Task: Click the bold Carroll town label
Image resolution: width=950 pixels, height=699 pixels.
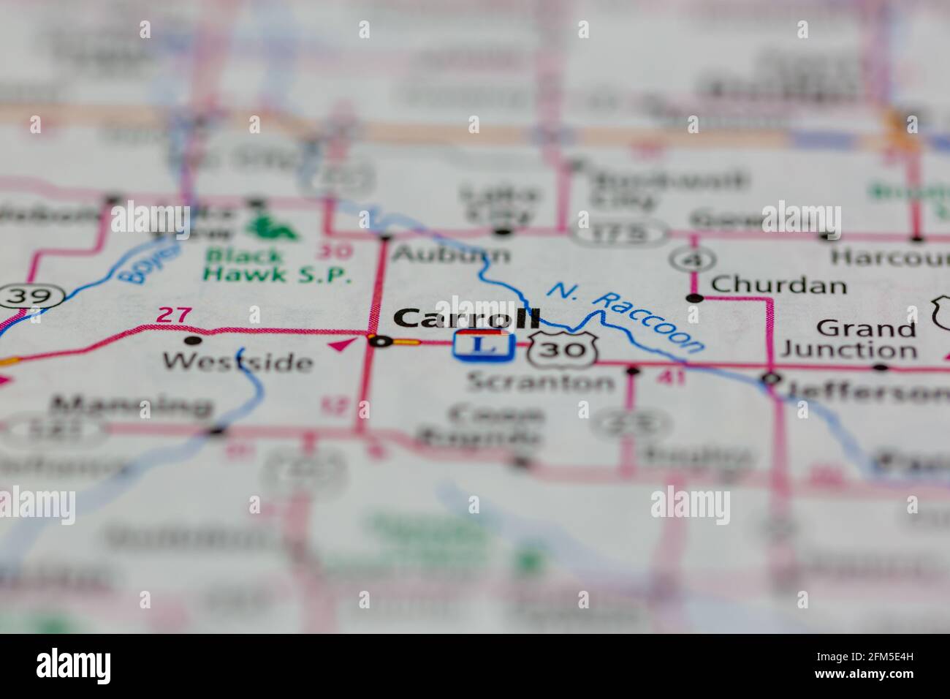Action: [x=467, y=319]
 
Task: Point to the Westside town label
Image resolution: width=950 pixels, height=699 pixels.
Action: [x=237, y=361]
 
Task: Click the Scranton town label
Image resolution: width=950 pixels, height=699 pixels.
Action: [x=541, y=381]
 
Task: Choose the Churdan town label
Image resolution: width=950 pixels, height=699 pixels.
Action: [x=778, y=284]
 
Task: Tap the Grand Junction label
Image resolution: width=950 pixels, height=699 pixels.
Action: [x=848, y=339]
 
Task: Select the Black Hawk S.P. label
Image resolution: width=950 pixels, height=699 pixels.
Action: [x=278, y=265]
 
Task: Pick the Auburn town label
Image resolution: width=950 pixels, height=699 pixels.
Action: [x=451, y=254]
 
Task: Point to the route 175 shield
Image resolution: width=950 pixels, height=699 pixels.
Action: [x=619, y=233]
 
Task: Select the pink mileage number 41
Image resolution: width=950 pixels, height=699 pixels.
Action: [x=670, y=377]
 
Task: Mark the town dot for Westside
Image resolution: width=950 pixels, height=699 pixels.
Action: [x=192, y=340]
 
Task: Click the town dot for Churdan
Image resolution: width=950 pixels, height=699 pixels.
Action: [x=695, y=298]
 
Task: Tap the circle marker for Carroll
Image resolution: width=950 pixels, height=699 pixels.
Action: [x=379, y=340]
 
